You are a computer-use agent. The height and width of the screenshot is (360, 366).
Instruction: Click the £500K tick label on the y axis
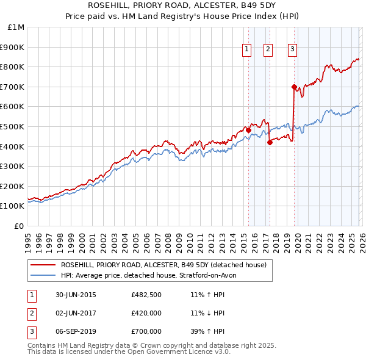coord(12,126)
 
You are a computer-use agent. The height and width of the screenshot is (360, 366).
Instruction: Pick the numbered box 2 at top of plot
coord(268,50)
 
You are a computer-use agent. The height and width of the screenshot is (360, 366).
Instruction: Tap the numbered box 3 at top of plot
coord(293,50)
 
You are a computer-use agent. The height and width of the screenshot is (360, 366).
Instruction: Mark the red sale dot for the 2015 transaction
coord(248,130)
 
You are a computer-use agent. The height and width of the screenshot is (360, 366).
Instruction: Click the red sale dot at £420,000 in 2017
coord(269,142)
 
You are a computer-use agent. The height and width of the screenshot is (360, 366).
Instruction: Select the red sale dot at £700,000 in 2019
coord(293,87)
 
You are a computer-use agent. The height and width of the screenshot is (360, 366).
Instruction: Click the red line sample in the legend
coord(43,265)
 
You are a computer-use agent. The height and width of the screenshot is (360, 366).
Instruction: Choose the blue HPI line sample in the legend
coord(43,275)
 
